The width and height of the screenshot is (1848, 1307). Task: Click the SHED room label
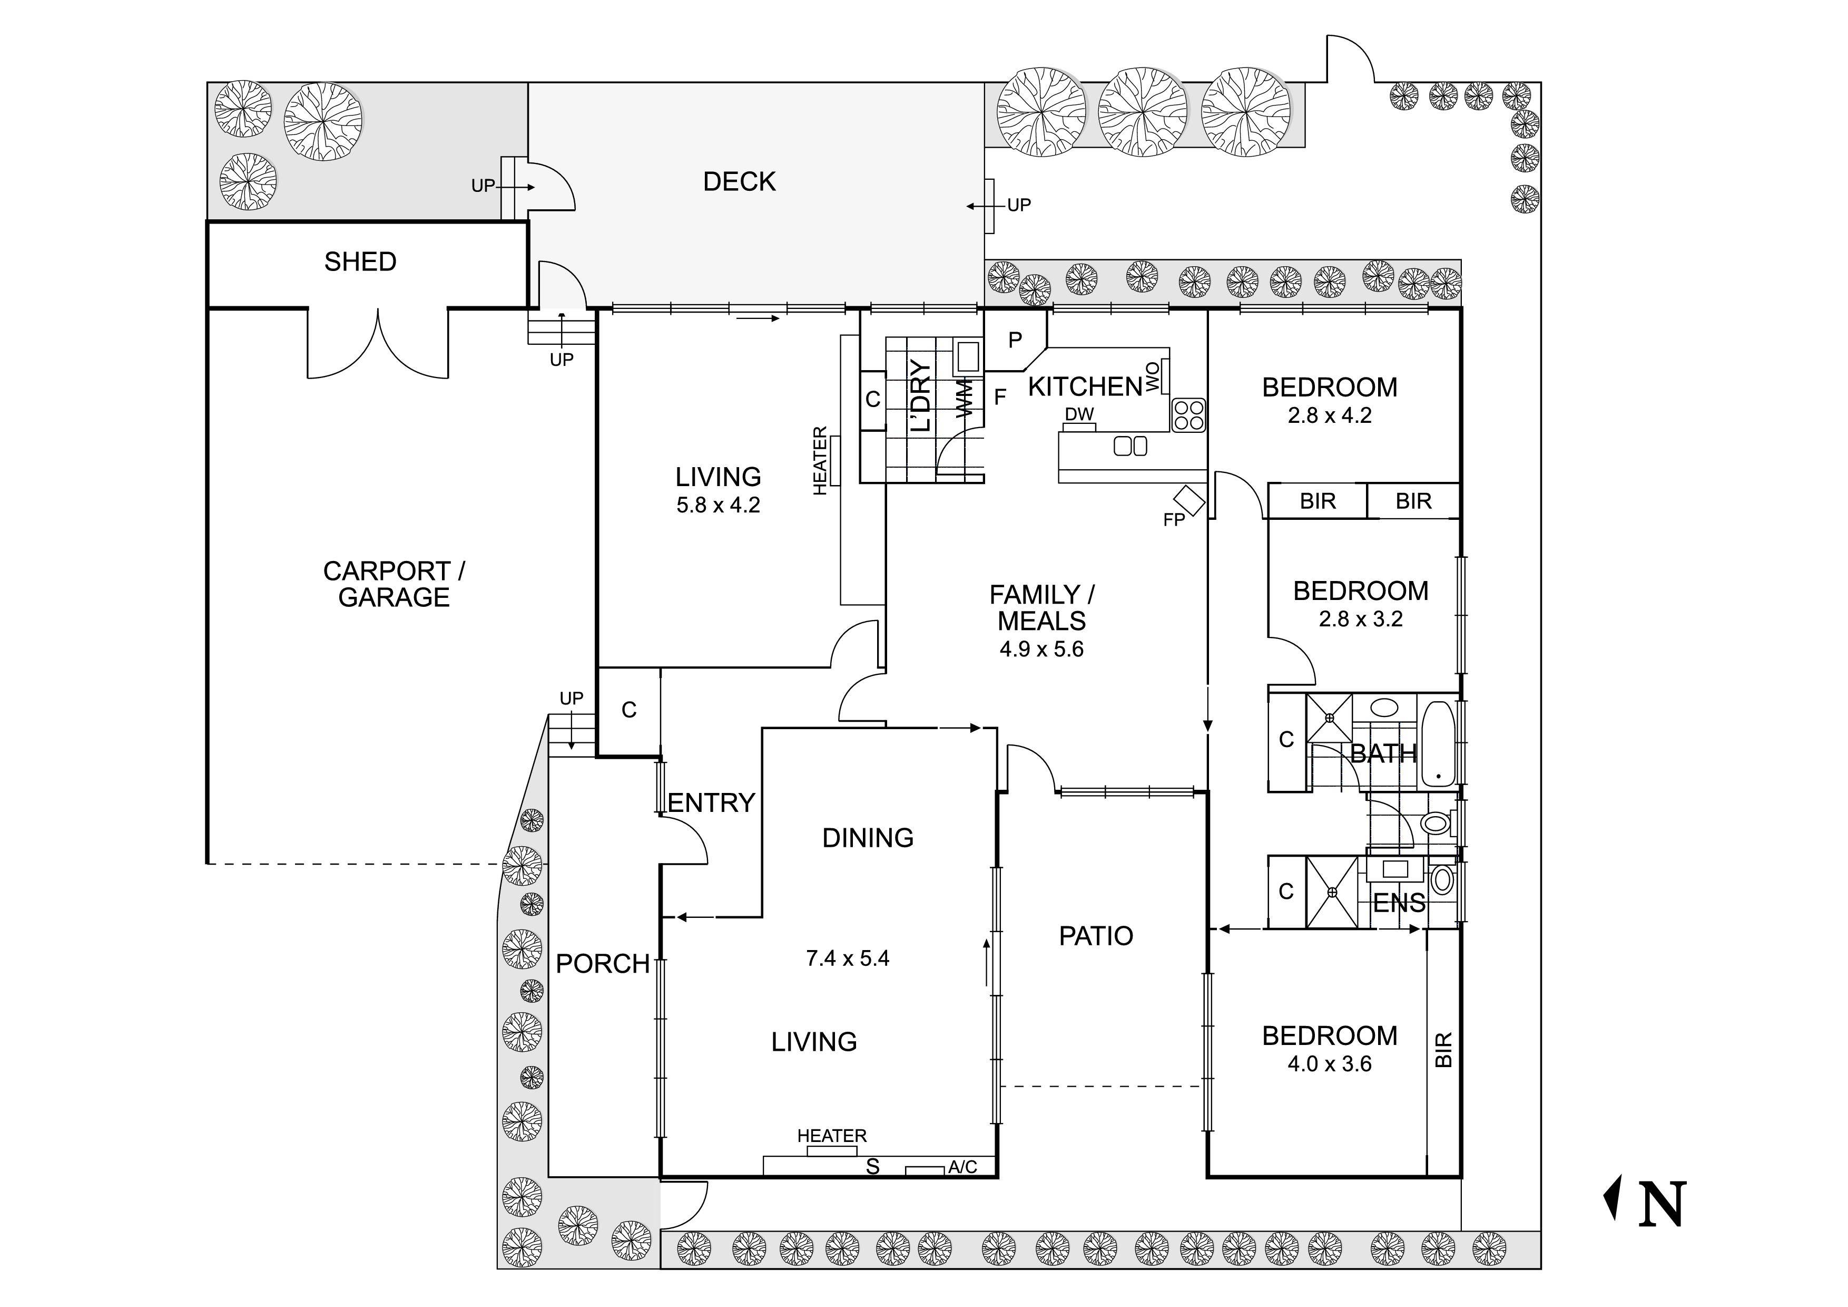coord(360,262)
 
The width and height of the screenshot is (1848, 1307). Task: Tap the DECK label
coord(739,182)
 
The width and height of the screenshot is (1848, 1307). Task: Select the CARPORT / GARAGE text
coord(394,584)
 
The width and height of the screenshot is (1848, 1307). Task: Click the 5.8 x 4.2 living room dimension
coord(718,506)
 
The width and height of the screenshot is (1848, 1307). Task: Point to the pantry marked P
coord(1015,340)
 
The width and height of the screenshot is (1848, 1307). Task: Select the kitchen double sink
coord(1130,446)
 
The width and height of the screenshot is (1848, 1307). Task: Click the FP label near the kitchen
coord(1174,520)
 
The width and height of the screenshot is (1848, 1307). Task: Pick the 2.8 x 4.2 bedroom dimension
coord(1330,415)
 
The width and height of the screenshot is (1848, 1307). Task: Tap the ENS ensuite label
coord(1399,904)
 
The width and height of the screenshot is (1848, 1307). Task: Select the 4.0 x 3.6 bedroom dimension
coord(1330,1064)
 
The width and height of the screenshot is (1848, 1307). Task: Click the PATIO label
coord(1095,936)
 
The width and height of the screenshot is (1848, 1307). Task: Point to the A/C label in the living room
coord(962,1167)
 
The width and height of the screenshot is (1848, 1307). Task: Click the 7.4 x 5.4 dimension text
coord(848,959)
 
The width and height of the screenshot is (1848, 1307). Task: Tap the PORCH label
coord(602,964)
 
